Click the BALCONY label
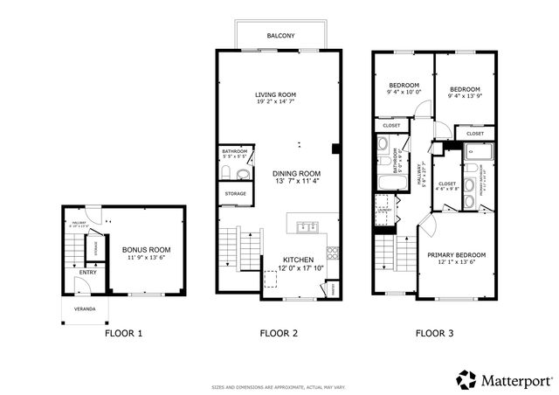point(279,36)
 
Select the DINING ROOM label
point(296,173)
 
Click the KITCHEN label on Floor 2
point(297,260)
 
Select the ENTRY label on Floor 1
point(88,273)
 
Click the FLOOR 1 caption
point(124,333)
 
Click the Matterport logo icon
point(466,380)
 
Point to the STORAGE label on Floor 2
point(235,193)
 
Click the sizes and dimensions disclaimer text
point(279,385)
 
